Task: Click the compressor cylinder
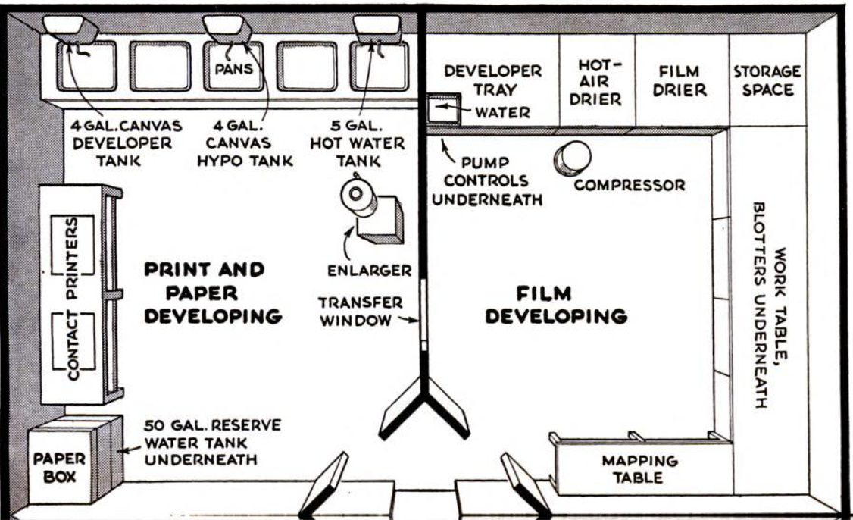[572, 157]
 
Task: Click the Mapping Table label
[640, 469]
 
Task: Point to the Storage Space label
[767, 80]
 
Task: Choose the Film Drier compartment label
[680, 80]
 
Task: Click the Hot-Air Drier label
[595, 81]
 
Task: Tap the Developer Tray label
[492, 80]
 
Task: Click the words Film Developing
[556, 305]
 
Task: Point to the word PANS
[233, 69]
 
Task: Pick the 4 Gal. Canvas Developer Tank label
[122, 143]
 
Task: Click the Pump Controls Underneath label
[493, 181]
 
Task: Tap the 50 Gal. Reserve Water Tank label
[202, 442]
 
